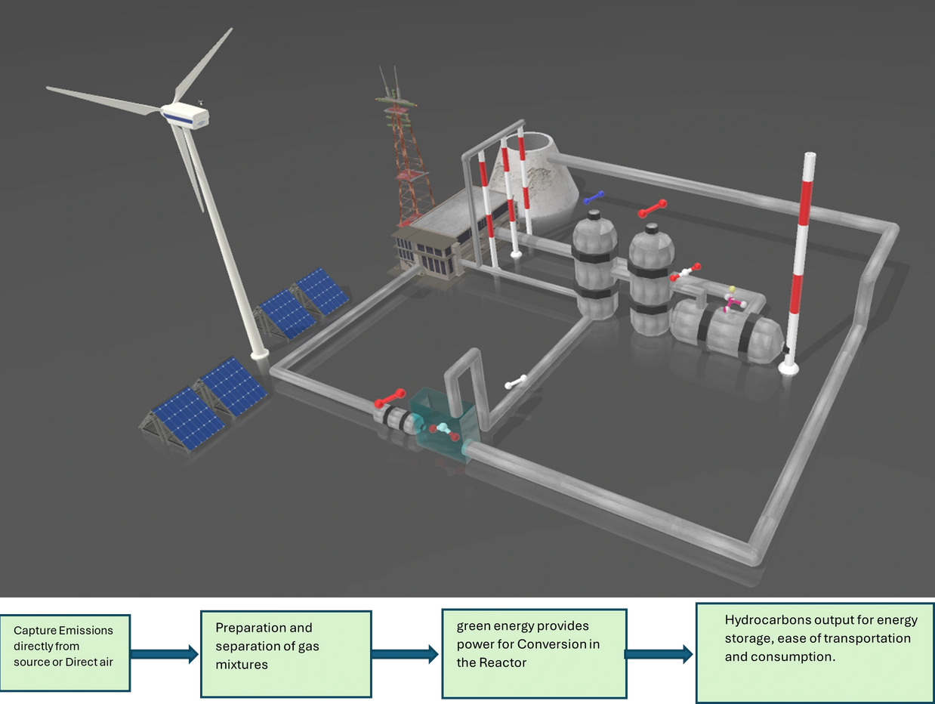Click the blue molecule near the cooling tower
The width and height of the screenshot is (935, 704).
pos(594,198)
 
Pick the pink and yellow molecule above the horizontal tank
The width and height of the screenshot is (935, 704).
pos(732,300)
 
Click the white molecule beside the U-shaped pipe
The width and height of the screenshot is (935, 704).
pos(516,381)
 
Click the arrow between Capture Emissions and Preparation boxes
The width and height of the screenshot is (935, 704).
pos(165,653)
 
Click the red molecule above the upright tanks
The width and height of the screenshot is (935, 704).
pos(652,208)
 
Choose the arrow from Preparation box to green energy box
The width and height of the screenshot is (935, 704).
pos(406,653)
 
